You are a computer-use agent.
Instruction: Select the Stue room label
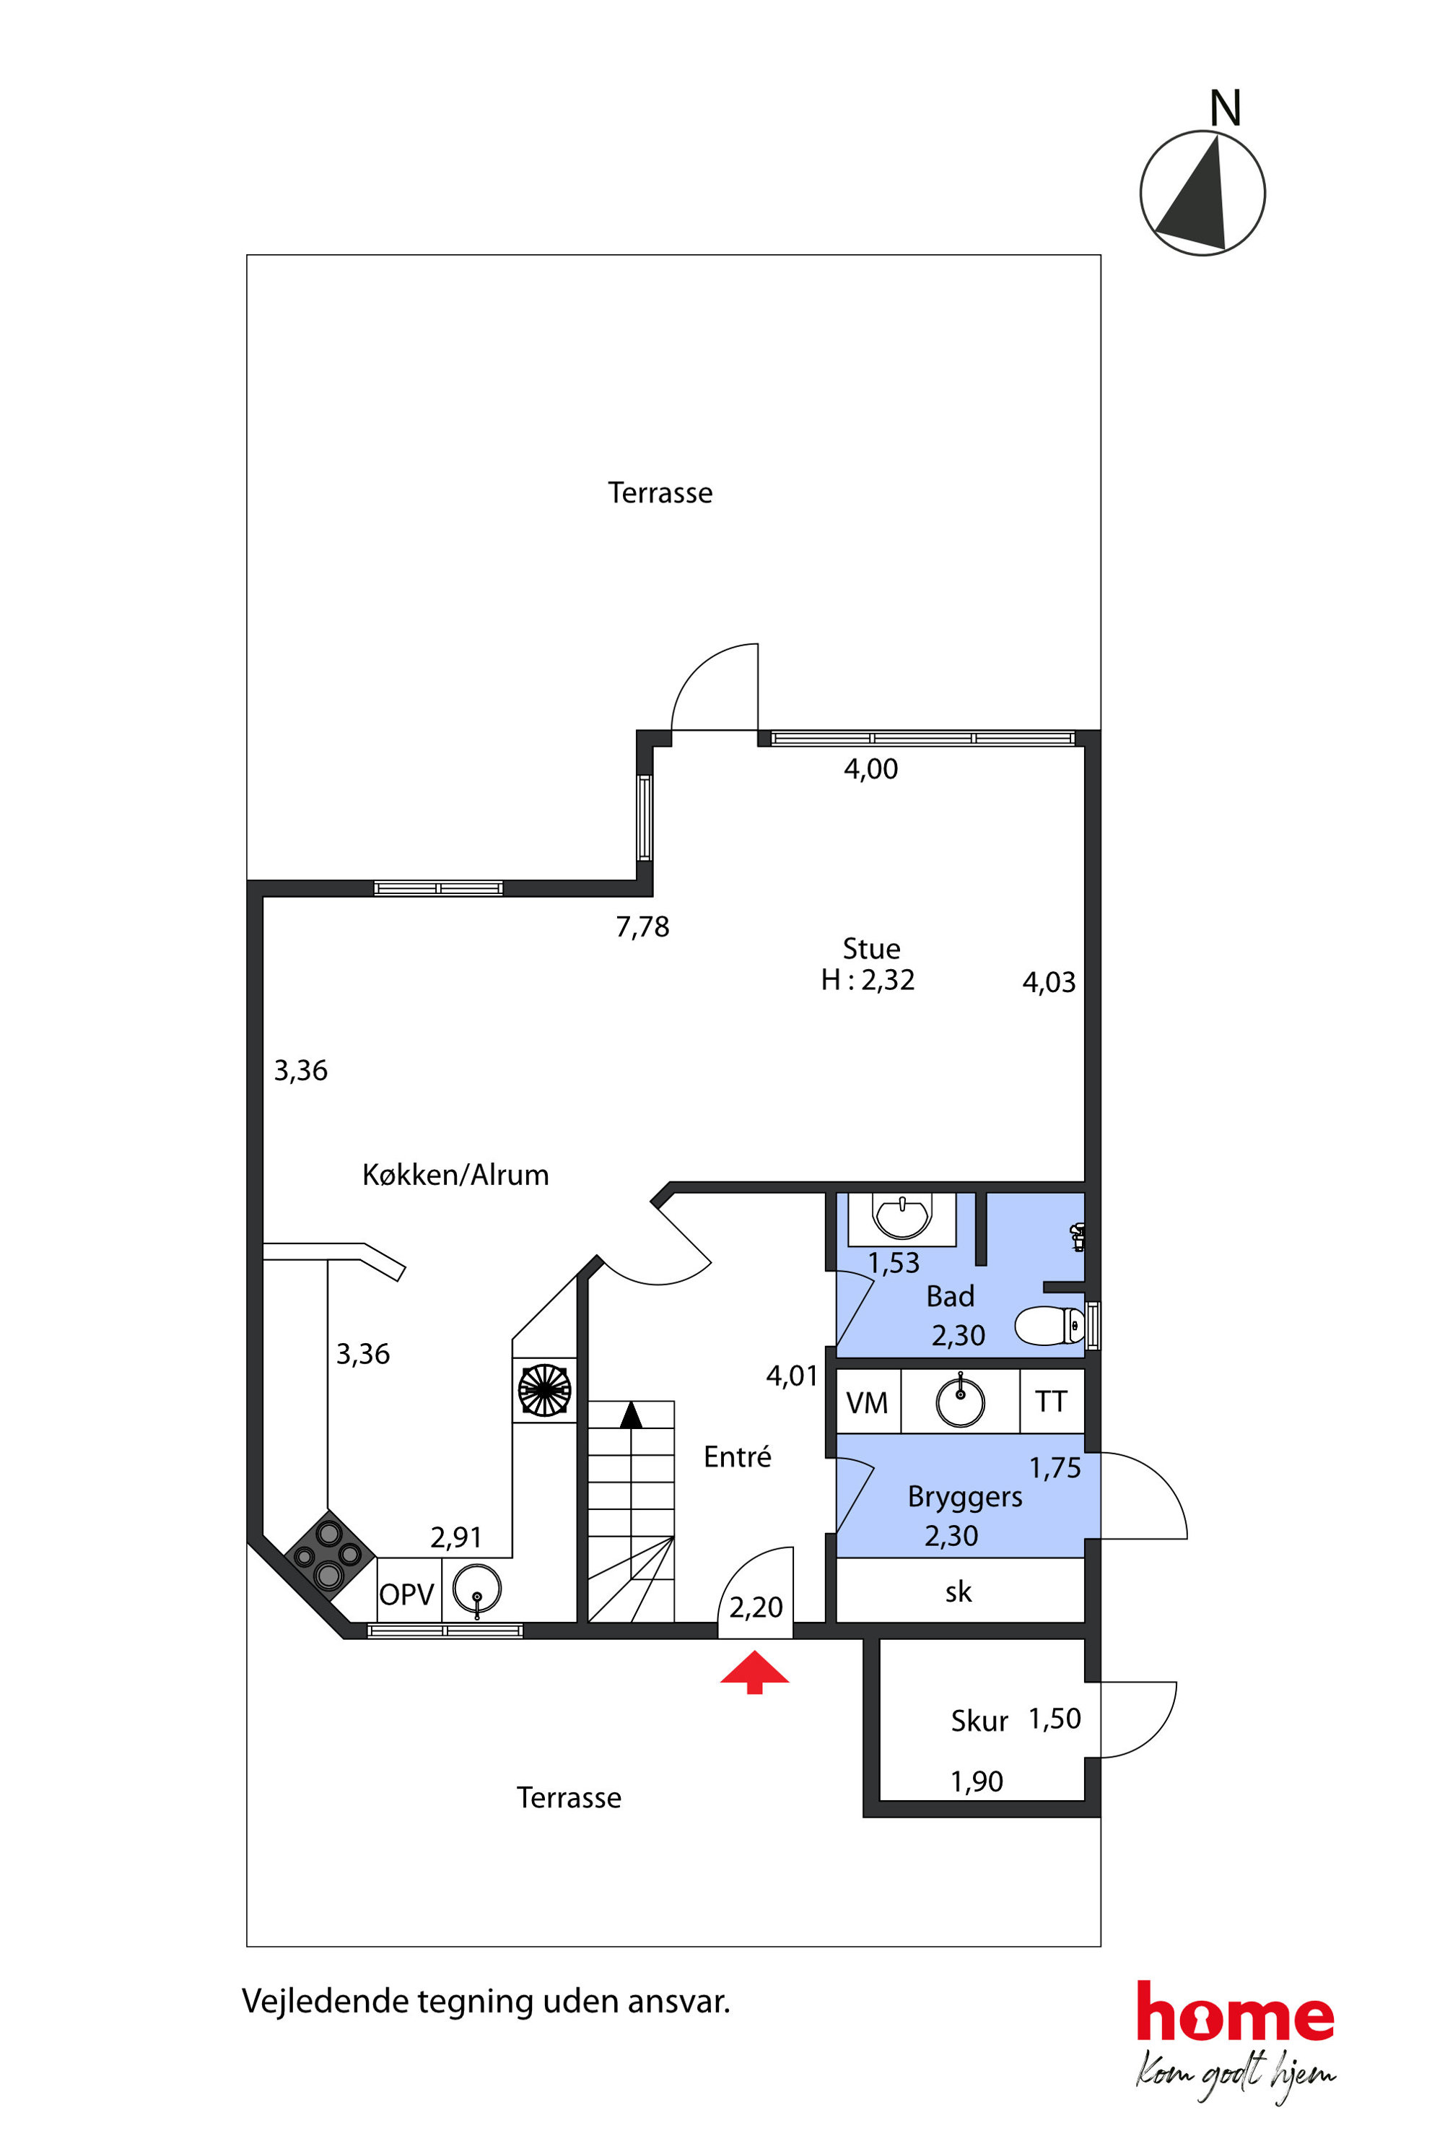[x=871, y=948]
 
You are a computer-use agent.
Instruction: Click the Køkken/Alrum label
[x=455, y=1174]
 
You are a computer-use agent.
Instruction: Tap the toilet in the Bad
[x=1049, y=1326]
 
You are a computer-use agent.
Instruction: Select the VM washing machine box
[x=868, y=1402]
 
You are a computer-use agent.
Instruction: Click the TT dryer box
[x=1051, y=1402]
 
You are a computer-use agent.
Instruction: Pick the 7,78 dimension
[x=643, y=927]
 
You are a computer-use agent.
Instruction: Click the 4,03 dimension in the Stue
[x=1049, y=982]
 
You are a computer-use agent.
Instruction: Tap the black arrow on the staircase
[x=631, y=1415]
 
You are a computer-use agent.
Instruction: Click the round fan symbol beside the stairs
[x=544, y=1390]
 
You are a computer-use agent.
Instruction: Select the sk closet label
[x=959, y=1592]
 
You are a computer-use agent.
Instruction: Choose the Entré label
[x=737, y=1456]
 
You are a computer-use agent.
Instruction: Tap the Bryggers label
[x=964, y=1497]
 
